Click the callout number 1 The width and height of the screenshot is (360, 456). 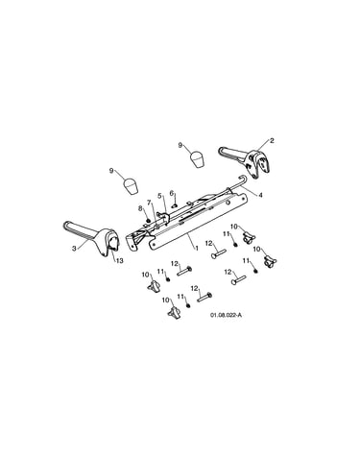pyautogui.click(x=197, y=248)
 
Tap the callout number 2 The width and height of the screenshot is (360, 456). pyautogui.click(x=272, y=140)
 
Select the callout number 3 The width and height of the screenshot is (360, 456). pyautogui.click(x=74, y=249)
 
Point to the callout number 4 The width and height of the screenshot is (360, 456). pyautogui.click(x=260, y=195)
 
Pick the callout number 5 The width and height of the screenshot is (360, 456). pyautogui.click(x=159, y=196)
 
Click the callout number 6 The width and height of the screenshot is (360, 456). pyautogui.click(x=172, y=193)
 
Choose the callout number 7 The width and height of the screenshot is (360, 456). pyautogui.click(x=149, y=202)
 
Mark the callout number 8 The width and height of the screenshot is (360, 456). pyautogui.click(x=140, y=208)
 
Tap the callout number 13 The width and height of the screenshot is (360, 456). pyautogui.click(x=119, y=261)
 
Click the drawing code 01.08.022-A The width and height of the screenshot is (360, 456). pyautogui.click(x=226, y=315)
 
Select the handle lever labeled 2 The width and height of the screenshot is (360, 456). pyautogui.click(x=246, y=162)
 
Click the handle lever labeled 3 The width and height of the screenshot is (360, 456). pyautogui.click(x=92, y=238)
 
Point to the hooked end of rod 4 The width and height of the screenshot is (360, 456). pyautogui.click(x=242, y=178)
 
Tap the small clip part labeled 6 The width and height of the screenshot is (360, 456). pyautogui.click(x=175, y=205)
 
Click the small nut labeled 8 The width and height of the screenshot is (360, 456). pyautogui.click(x=148, y=220)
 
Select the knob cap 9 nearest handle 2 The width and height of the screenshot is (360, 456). pyautogui.click(x=198, y=159)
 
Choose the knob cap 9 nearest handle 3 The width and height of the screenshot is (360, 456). pyautogui.click(x=131, y=186)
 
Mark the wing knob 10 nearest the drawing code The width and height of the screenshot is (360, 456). pyautogui.click(x=173, y=311)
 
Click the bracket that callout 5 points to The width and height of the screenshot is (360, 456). pyautogui.click(x=164, y=217)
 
